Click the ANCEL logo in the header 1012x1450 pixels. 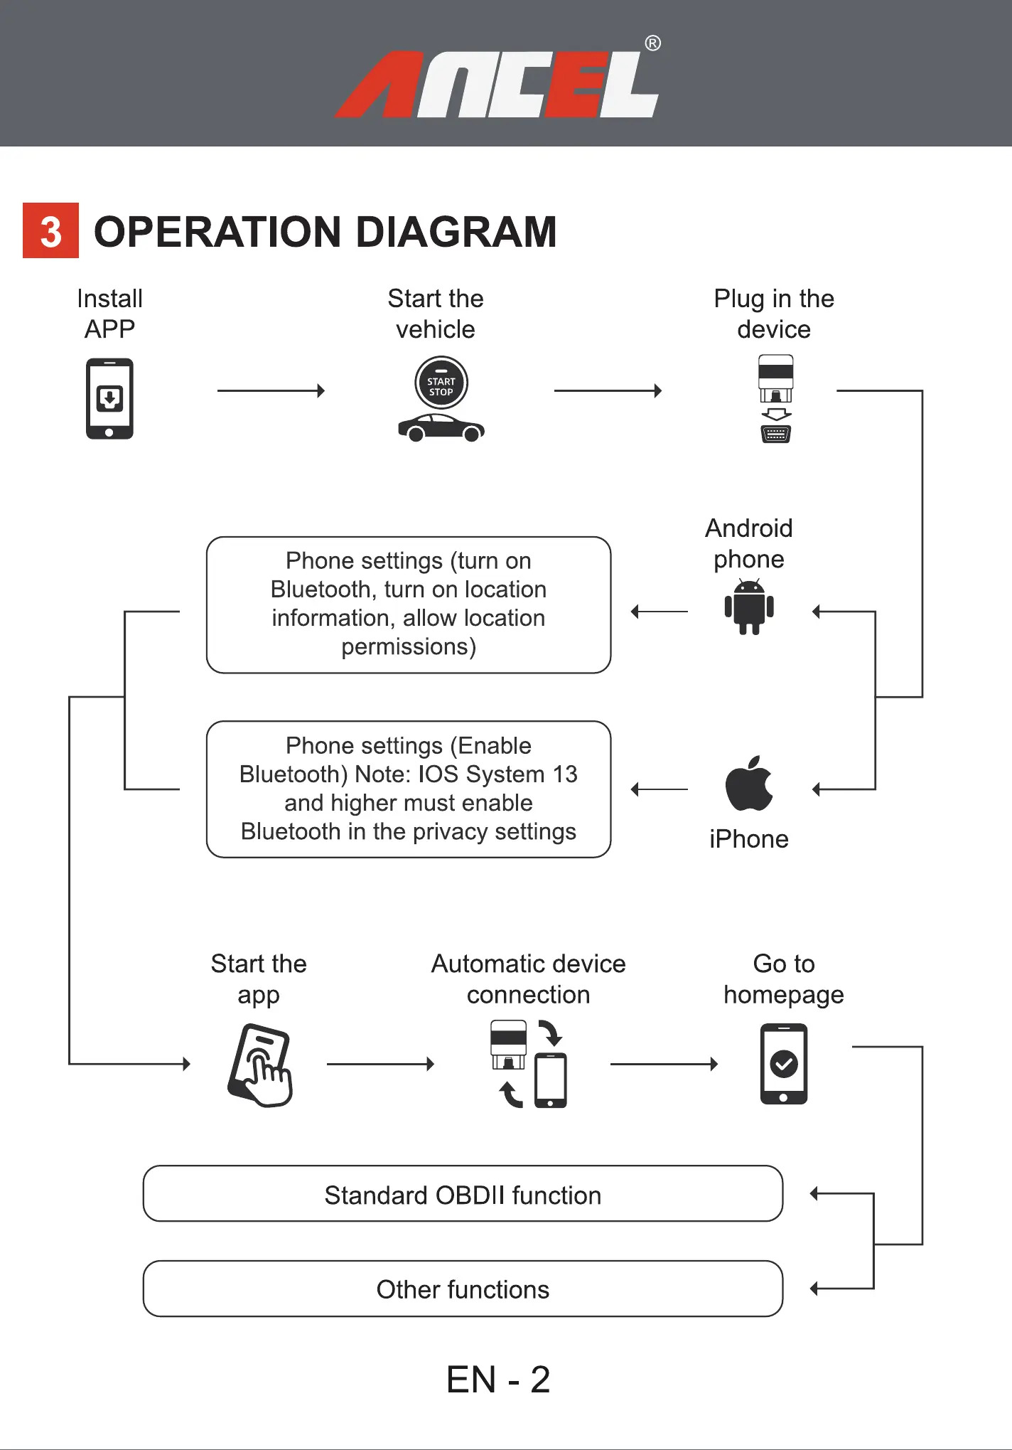pos(497,84)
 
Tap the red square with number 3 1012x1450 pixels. pos(50,231)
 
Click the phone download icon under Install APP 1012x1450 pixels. pos(109,398)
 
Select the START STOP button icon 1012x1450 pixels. pos(441,383)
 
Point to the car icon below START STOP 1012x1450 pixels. pos(441,428)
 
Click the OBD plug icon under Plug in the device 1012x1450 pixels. pos(775,398)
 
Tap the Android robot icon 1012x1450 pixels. pos(749,607)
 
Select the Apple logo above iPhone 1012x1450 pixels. pos(748,784)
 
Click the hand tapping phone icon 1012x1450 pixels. pos(260,1065)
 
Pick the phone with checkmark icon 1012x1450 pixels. pos(783,1064)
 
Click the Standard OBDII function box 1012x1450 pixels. pos(463,1194)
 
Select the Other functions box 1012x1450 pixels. pos(463,1289)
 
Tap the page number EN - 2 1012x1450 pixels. pos(498,1380)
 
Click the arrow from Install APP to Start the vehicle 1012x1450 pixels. pos(271,390)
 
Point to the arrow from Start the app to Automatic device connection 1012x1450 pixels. pos(380,1064)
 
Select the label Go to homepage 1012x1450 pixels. pos(783,979)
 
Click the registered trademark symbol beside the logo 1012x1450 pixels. pos(652,43)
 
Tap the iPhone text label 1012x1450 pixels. pos(749,839)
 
